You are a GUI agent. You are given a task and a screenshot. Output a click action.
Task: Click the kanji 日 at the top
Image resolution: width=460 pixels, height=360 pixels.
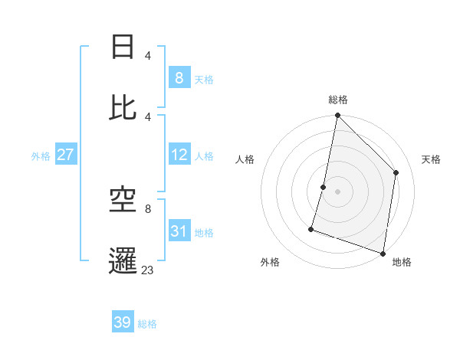[x=123, y=47]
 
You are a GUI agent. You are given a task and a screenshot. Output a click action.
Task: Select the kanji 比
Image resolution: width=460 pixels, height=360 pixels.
[x=123, y=108]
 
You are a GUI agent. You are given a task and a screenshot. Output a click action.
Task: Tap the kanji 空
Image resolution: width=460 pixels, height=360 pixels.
[x=123, y=201]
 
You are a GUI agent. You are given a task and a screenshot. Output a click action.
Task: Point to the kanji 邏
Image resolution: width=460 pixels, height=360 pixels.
[x=123, y=260]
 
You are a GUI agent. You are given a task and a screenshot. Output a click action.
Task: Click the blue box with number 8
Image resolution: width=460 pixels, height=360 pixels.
[x=179, y=77]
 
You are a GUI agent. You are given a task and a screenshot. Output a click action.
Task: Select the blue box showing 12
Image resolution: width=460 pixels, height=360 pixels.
[x=179, y=155]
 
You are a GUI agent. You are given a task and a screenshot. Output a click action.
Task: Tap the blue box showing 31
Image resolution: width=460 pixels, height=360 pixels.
[x=179, y=231]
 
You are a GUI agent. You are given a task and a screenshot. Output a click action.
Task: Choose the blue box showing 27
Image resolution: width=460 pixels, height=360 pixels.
[x=65, y=155]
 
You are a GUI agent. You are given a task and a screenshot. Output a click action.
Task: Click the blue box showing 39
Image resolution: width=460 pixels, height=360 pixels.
[x=123, y=322]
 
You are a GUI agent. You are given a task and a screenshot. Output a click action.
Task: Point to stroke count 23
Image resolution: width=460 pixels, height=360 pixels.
[x=147, y=269]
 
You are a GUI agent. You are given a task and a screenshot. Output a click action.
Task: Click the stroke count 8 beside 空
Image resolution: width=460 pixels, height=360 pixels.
[x=147, y=208]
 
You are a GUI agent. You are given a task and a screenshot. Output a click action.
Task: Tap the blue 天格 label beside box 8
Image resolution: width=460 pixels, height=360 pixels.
[x=204, y=79]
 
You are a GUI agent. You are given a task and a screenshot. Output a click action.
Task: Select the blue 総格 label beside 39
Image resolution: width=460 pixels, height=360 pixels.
[x=148, y=324]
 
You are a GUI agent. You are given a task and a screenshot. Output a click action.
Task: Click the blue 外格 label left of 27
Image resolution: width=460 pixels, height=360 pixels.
[x=41, y=156]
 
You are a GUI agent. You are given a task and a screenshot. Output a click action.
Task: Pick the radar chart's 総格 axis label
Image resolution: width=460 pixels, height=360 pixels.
[x=338, y=100]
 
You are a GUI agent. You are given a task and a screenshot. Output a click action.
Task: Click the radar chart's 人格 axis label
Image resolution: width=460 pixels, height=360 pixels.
[x=245, y=159]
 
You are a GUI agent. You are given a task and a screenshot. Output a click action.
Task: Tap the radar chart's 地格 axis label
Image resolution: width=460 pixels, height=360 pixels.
[x=402, y=262]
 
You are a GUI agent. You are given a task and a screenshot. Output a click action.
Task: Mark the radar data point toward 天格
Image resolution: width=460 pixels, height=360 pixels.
[x=396, y=172]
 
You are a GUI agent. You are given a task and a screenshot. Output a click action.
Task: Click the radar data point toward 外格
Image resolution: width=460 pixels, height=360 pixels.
[x=311, y=228]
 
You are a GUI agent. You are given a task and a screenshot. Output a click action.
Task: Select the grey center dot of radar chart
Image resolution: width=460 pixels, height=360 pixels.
[x=338, y=191]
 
